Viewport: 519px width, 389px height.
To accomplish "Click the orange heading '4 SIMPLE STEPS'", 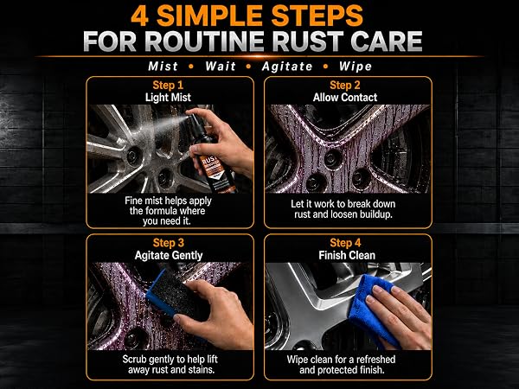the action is pyautogui.click(x=247, y=16).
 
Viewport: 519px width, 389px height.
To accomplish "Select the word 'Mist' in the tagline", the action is pyautogui.click(x=163, y=67).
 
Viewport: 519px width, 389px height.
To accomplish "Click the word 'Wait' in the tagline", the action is pyautogui.click(x=221, y=67).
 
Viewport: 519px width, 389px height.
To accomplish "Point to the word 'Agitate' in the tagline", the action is pyautogui.click(x=287, y=67).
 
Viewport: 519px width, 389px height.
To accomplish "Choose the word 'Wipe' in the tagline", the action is pyautogui.click(x=356, y=67).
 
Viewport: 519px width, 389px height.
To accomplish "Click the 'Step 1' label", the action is pyautogui.click(x=168, y=86).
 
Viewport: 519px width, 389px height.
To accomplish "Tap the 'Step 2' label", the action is pyautogui.click(x=345, y=86).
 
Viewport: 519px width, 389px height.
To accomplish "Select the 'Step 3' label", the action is pyautogui.click(x=168, y=243).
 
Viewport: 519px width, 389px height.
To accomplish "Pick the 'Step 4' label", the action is pyautogui.click(x=345, y=243).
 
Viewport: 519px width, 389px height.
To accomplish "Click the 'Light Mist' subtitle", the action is pyautogui.click(x=168, y=98).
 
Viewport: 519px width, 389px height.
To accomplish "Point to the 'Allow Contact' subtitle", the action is pyautogui.click(x=345, y=98).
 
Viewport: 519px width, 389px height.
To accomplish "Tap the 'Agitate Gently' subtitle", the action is pyautogui.click(x=169, y=255).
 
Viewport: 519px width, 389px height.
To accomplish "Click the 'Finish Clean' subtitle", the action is pyautogui.click(x=347, y=255).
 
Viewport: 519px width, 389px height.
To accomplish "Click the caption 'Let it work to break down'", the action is pyautogui.click(x=343, y=204).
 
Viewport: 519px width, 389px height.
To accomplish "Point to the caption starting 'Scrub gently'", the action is pyautogui.click(x=170, y=364).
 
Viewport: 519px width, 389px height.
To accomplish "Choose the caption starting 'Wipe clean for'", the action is pyautogui.click(x=342, y=364).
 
